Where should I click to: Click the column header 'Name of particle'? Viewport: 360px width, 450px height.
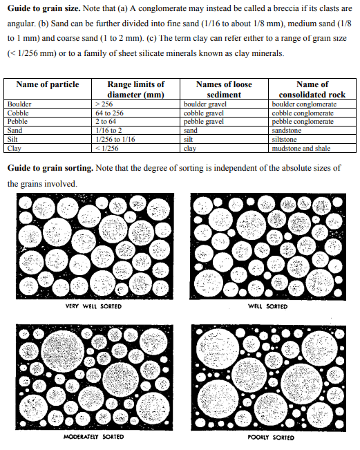48,84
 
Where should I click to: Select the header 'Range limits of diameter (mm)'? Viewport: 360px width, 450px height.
136,89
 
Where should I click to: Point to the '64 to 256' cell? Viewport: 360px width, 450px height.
110,113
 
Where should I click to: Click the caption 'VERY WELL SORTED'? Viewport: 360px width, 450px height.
93,306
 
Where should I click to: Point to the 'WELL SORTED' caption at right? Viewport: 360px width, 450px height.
267,306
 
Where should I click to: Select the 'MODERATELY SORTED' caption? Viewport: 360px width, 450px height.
94,437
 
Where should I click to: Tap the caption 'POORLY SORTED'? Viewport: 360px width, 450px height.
270,437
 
